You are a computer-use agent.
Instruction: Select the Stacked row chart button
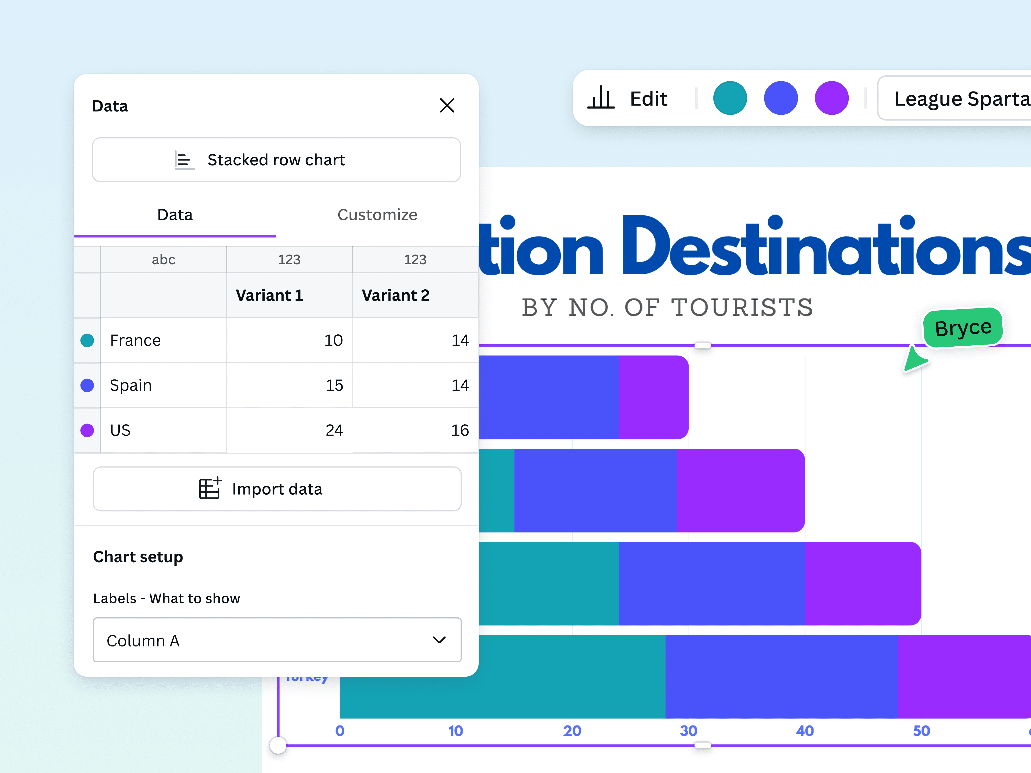click(276, 160)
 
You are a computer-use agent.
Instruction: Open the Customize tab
click(377, 215)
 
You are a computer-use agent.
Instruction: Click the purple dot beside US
click(87, 430)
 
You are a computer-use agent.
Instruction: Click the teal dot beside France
click(87, 340)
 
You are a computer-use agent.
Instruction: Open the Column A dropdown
click(277, 640)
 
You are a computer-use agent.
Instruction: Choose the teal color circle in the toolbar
click(730, 98)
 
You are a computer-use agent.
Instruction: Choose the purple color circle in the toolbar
click(832, 98)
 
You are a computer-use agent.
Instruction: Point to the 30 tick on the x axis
click(688, 731)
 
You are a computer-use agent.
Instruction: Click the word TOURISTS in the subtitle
click(742, 308)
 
